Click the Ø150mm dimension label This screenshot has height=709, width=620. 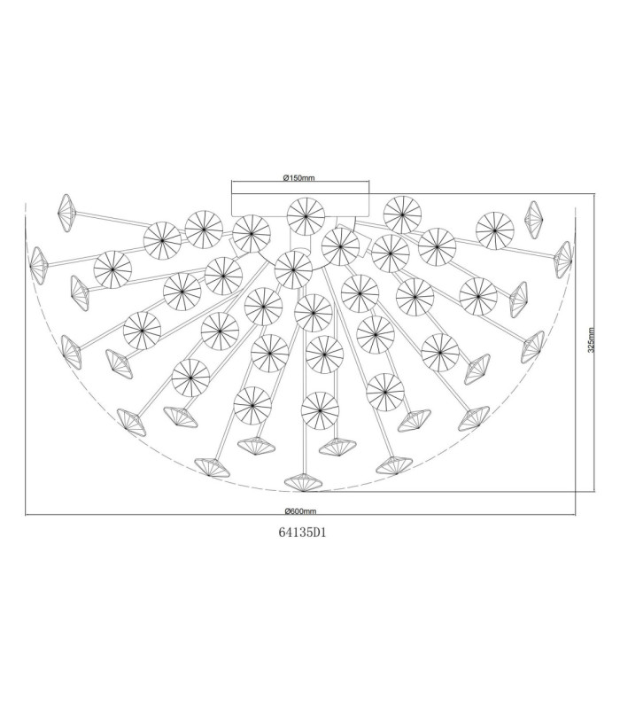tap(299, 178)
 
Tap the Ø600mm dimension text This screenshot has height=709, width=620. tap(300, 511)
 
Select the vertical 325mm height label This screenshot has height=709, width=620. tap(591, 340)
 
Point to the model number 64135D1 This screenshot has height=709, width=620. tap(302, 533)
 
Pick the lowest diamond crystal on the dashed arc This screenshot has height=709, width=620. tap(304, 482)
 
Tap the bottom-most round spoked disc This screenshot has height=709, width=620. tap(320, 410)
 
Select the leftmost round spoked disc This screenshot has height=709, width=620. tap(112, 269)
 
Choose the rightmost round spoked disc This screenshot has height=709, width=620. tap(495, 230)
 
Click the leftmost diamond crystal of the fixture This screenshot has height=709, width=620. tap(37, 266)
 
